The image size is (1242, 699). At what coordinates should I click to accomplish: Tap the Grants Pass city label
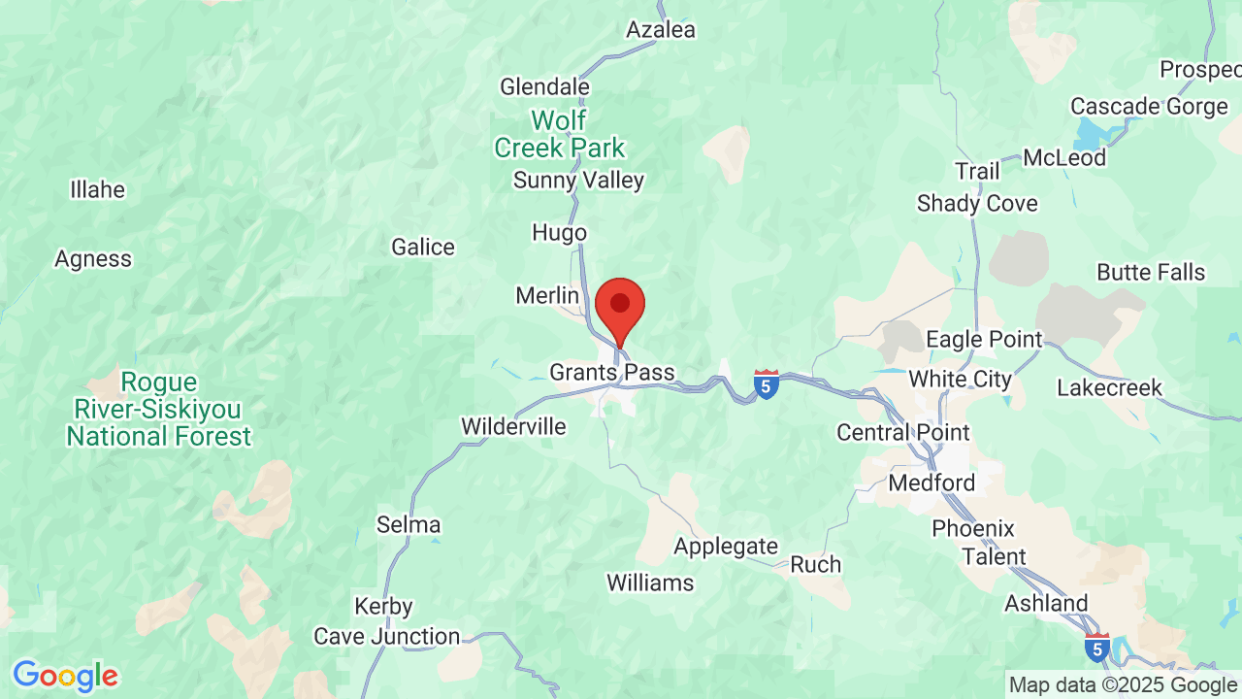(x=611, y=373)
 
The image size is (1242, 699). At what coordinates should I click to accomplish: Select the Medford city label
(x=931, y=483)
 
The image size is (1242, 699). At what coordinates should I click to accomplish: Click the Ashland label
(x=1046, y=604)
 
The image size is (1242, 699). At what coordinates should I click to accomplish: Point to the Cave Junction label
(x=386, y=637)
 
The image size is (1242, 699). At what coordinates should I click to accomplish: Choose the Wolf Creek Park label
(x=560, y=135)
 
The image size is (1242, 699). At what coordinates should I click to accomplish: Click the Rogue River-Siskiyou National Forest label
(x=158, y=410)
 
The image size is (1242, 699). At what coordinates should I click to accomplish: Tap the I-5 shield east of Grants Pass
(x=767, y=384)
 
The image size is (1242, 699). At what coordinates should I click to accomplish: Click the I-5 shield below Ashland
(x=1097, y=648)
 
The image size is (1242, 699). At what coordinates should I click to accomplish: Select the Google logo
(x=65, y=676)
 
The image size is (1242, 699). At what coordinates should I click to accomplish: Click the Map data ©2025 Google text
(x=1123, y=685)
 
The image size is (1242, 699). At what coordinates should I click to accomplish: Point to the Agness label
(x=93, y=259)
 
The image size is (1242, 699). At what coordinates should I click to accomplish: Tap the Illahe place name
(x=97, y=189)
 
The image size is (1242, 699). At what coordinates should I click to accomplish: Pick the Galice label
(x=423, y=248)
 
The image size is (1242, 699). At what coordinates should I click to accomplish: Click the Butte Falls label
(x=1151, y=273)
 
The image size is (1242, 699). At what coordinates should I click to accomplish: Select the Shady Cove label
(x=977, y=204)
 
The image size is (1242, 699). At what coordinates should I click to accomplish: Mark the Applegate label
(x=726, y=547)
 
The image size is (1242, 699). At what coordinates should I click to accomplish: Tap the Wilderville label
(x=513, y=426)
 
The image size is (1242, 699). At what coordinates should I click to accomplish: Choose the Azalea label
(x=661, y=30)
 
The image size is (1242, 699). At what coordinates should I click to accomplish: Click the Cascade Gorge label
(x=1149, y=106)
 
